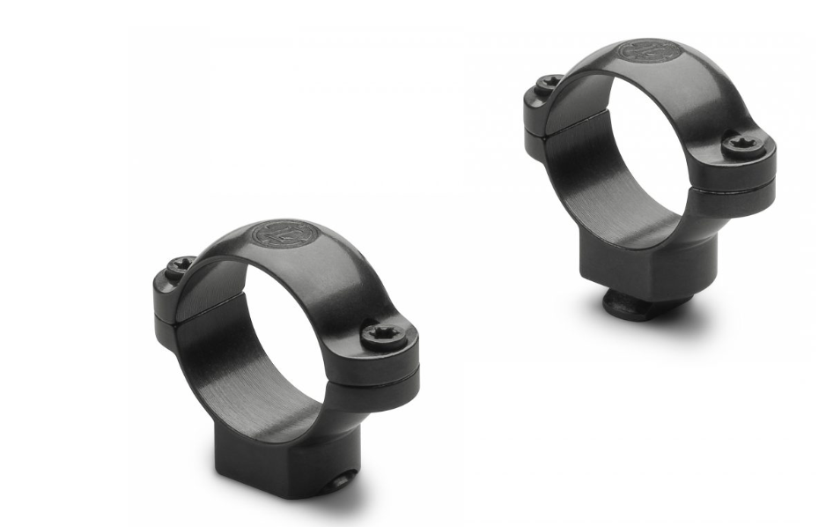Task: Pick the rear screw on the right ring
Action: tap(549, 82)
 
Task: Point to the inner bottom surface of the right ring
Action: tap(616, 212)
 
